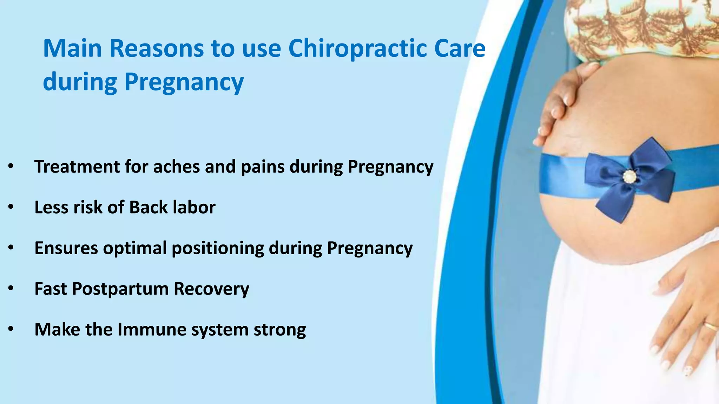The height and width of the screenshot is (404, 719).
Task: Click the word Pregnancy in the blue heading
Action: point(184,82)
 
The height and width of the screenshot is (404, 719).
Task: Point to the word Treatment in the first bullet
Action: point(77,167)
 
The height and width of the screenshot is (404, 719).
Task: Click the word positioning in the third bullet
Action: point(218,248)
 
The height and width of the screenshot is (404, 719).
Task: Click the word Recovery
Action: point(211,289)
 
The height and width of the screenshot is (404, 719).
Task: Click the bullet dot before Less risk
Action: point(11,207)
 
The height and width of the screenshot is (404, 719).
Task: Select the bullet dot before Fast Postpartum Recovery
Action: point(11,289)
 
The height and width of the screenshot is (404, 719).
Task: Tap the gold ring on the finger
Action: point(711,326)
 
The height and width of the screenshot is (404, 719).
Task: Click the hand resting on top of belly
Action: point(562,102)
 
